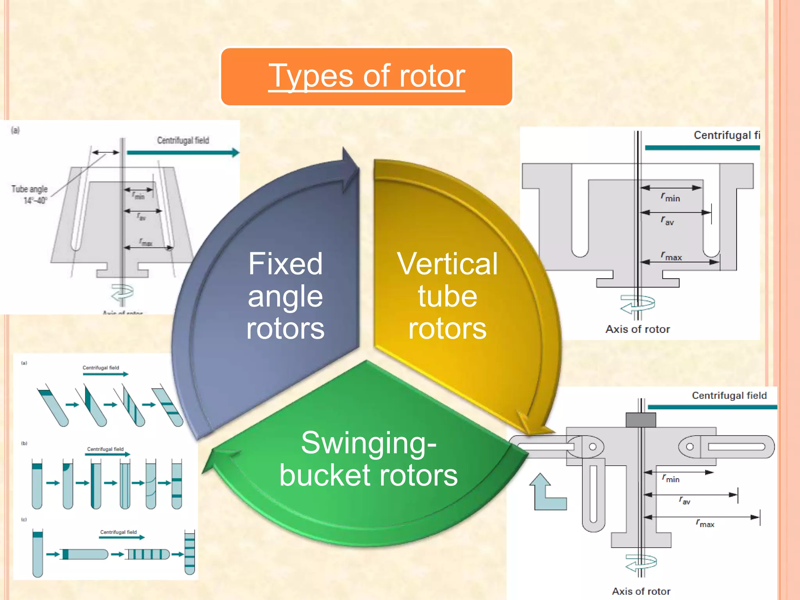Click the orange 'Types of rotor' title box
[366, 77]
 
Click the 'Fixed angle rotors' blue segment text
[285, 296]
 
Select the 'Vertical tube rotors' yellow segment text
[447, 296]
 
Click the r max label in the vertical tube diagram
[671, 256]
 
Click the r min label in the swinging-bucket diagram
[671, 478]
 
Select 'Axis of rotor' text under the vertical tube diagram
[637, 329]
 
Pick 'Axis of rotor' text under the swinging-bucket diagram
[641, 591]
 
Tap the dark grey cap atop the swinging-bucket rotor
[641, 420]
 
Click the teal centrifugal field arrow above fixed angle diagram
[183, 153]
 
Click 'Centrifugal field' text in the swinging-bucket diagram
[729, 395]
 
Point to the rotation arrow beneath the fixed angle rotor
[122, 293]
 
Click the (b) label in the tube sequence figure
[24, 443]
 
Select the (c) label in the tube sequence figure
[24, 520]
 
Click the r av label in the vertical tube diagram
[667, 221]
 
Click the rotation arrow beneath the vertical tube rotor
[637, 304]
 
